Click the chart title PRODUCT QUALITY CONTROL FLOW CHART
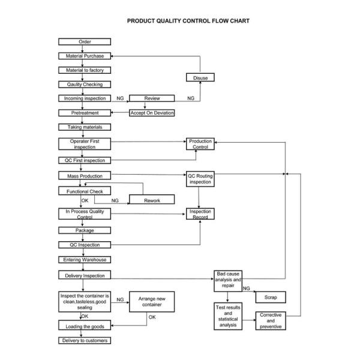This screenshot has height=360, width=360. (188, 21)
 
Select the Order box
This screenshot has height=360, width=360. (85, 41)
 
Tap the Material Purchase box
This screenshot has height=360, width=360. (85, 56)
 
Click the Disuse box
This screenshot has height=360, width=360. (200, 78)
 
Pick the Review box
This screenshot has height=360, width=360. (152, 98)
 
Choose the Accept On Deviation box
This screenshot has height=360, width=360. (152, 113)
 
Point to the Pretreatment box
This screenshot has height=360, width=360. (85, 113)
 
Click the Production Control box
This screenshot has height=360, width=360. (200, 144)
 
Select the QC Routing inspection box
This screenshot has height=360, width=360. (200, 179)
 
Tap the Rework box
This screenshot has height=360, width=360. (152, 200)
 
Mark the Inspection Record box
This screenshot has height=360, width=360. (200, 214)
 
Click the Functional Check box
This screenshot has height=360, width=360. (85, 191)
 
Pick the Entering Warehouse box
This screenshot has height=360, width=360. (85, 260)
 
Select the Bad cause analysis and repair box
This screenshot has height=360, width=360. (228, 280)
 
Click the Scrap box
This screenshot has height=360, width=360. (270, 297)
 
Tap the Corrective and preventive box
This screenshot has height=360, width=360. (270, 321)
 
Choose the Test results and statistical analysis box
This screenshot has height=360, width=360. (228, 317)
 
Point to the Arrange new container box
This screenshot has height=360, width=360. (152, 302)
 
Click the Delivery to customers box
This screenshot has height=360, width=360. (85, 341)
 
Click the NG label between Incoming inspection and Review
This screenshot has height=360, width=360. (120, 98)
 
